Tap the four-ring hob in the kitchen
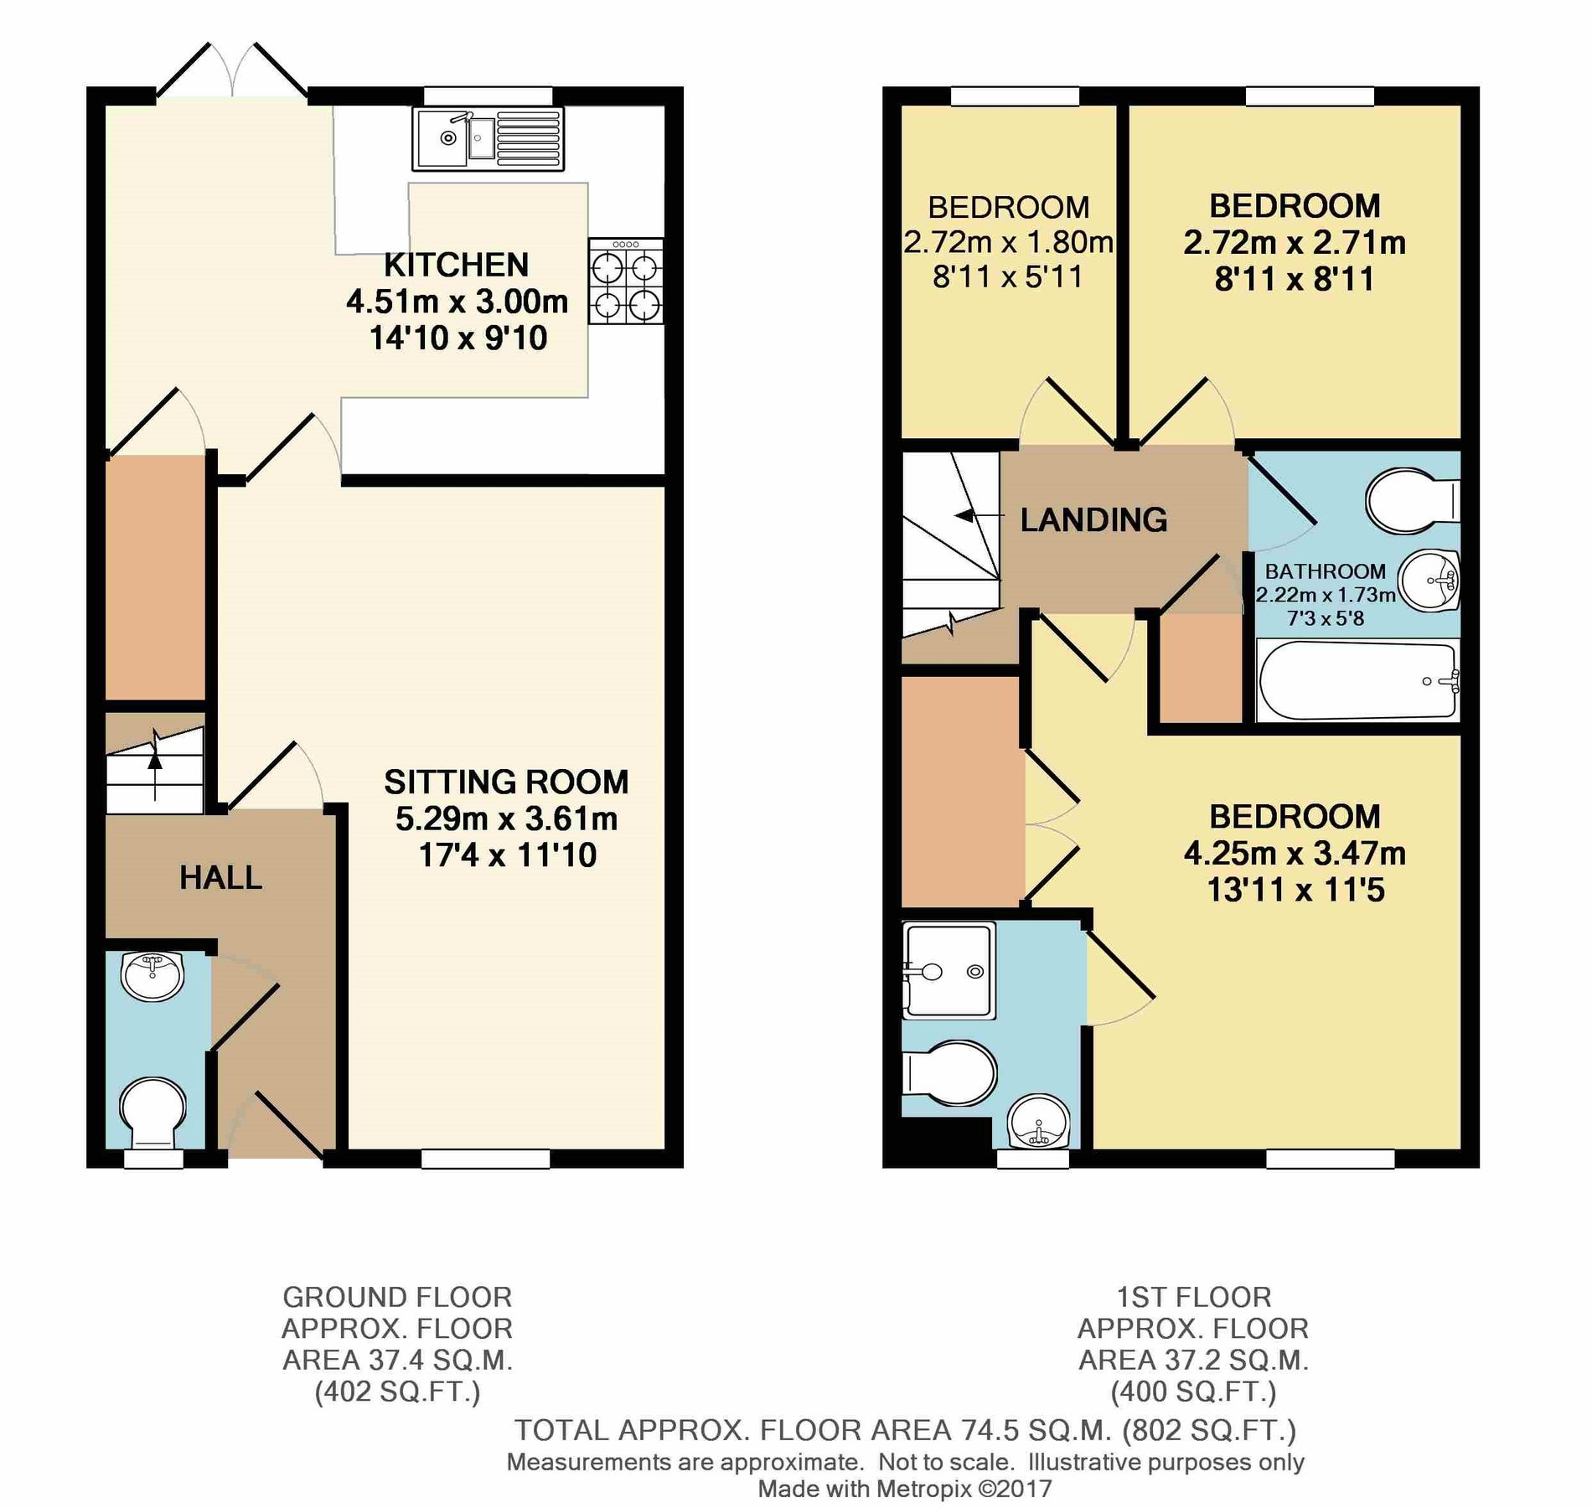625,281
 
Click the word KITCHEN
457,265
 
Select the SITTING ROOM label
506,782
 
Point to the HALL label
220,877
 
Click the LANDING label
1093,520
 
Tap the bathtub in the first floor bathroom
1357,680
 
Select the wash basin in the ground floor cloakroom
152,976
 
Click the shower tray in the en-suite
948,970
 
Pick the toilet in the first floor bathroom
1412,500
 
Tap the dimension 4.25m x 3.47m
1295,854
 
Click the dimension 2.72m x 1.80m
1008,242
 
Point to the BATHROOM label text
1325,571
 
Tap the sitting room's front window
486,1158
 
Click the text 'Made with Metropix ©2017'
904,1488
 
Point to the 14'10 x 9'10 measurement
458,338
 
